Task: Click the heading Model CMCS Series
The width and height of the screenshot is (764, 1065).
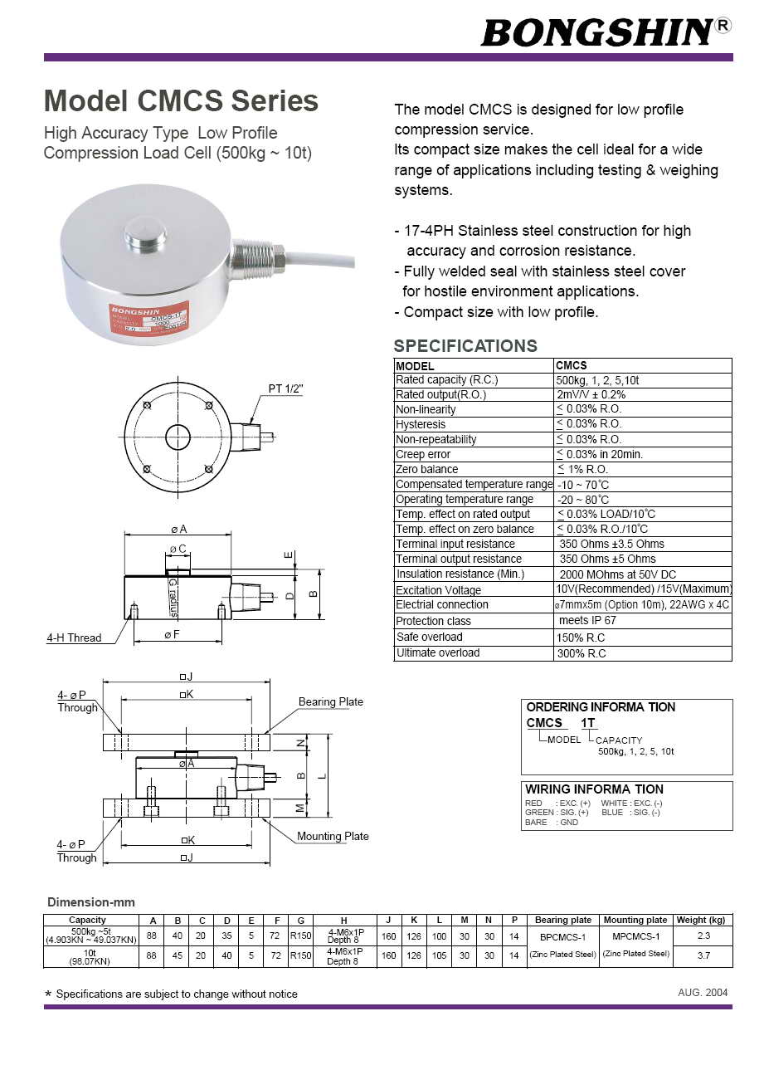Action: (181, 101)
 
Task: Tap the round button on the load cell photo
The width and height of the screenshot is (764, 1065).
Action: (145, 232)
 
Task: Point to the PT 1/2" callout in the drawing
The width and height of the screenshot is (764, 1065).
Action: (285, 388)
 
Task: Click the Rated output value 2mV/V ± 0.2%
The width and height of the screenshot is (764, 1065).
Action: (591, 394)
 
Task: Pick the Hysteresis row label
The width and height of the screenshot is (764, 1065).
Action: (421, 424)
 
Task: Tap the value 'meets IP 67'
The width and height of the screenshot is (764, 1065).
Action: (587, 620)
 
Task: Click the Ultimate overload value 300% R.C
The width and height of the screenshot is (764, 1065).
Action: (581, 653)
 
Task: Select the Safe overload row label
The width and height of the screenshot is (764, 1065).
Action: (429, 637)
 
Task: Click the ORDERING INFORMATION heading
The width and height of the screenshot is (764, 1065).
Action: (601, 707)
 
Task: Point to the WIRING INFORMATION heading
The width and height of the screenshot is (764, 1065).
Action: (594, 789)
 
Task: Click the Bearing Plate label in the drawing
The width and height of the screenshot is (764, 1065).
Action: (330, 701)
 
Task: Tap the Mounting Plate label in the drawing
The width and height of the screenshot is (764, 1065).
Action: (333, 836)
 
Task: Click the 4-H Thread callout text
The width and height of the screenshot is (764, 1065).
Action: (74, 638)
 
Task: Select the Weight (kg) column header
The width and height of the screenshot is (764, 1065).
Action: (700, 920)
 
